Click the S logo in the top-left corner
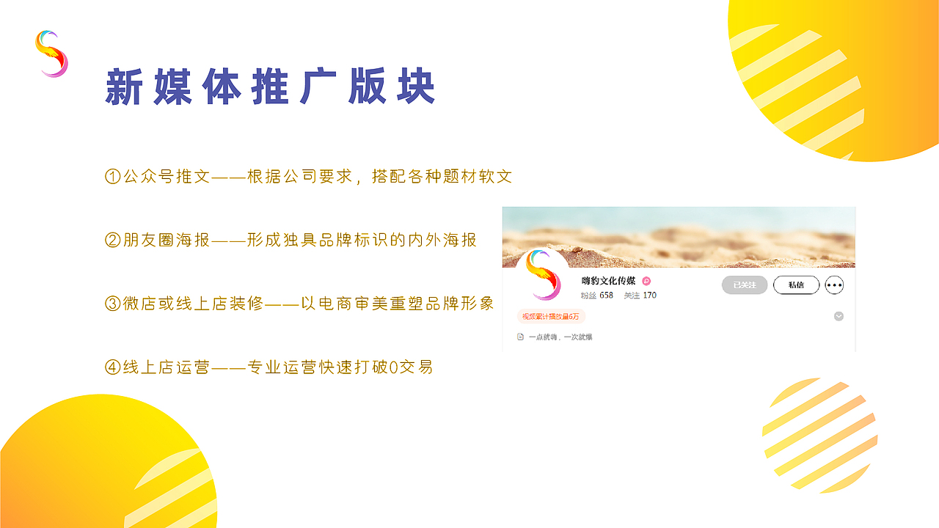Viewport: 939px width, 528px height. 51,54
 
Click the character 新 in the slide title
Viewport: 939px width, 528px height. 123,88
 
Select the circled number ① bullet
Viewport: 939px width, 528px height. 112,177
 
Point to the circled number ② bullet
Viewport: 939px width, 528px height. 112,240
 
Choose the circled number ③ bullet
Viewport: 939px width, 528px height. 112,304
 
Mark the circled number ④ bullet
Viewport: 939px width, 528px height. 112,367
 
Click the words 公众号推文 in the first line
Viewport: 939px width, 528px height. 167,177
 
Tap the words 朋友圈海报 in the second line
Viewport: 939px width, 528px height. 167,240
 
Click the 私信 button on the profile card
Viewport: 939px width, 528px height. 796,285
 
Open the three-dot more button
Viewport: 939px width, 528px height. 834,285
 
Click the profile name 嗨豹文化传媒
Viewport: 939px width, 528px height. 608,281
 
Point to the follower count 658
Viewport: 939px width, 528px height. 606,296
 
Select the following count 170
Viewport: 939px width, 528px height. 649,296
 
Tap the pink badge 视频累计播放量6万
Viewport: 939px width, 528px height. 551,317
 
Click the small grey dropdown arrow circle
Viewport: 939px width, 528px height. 838,316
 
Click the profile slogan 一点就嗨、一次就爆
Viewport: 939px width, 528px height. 560,337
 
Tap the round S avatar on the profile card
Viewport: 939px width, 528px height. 543,275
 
